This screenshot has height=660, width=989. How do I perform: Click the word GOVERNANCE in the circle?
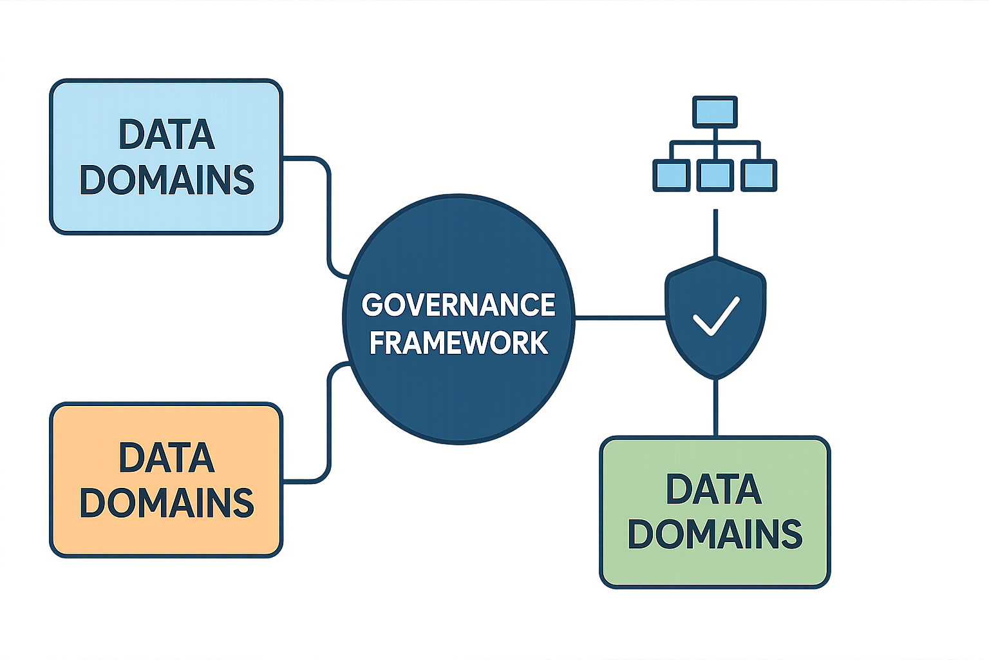[458, 304]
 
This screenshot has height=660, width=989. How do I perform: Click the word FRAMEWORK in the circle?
[458, 342]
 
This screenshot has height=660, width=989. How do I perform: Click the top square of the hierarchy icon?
[715, 111]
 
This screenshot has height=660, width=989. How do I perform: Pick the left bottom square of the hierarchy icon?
[671, 175]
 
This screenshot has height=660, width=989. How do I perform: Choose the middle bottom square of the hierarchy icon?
[715, 175]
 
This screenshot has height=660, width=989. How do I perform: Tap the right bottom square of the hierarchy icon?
[758, 175]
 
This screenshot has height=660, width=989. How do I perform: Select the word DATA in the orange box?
[166, 458]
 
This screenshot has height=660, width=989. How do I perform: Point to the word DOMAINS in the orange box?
[166, 503]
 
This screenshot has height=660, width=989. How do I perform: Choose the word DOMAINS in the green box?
[715, 534]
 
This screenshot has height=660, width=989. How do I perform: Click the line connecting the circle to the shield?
[619, 317]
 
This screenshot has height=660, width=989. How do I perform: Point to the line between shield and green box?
[715, 407]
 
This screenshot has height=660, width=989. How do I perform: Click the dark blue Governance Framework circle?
[458, 400]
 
